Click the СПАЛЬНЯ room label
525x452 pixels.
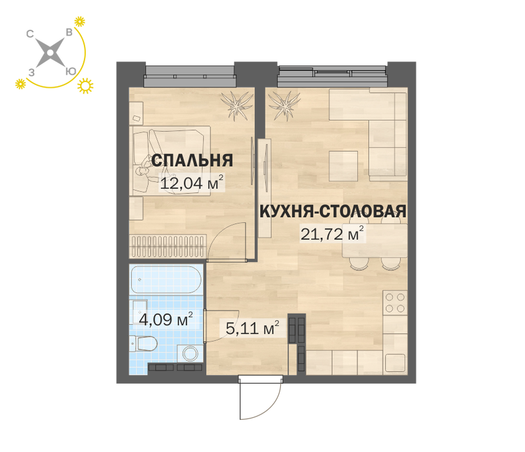tap(192, 160)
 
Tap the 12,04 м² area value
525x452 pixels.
tap(192, 183)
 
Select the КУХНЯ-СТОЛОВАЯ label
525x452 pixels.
tap(333, 211)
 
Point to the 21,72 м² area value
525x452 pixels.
tap(332, 233)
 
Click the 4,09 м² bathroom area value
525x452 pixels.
tap(166, 319)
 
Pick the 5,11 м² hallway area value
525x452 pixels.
tap(252, 328)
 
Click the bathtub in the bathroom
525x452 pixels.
tap(166, 280)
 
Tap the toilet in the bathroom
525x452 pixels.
tap(144, 344)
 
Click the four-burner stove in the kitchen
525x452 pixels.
tap(395, 303)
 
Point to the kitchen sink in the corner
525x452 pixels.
tap(396, 363)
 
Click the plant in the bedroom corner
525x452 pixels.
tap(237, 104)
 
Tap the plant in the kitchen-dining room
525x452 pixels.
tap(284, 104)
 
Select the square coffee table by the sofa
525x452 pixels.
tap(343, 166)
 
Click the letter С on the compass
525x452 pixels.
tap(30, 34)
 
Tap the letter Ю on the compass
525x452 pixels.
tap(70, 71)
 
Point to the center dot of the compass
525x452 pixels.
tap(50, 52)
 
